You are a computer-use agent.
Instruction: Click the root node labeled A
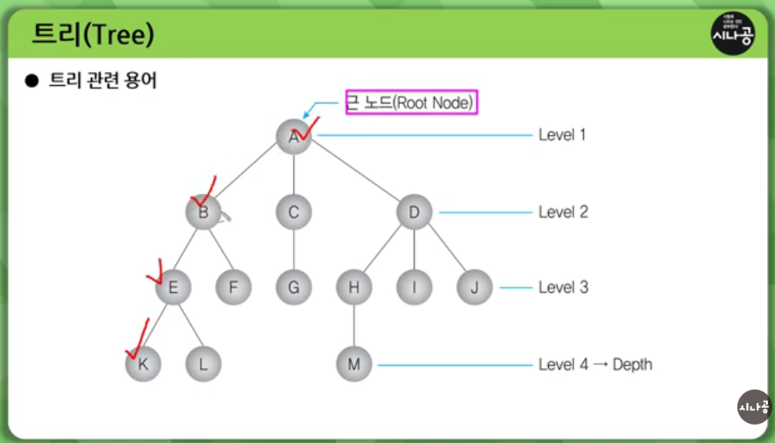point(294,137)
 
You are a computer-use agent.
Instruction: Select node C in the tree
point(294,212)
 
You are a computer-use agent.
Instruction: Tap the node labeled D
point(414,212)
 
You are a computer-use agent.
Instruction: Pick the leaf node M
point(354,364)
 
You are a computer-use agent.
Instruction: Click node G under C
point(294,287)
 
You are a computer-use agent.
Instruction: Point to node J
point(474,287)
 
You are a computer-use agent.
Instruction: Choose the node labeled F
point(233,287)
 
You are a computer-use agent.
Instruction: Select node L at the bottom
point(203,364)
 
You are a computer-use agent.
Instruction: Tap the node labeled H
point(354,287)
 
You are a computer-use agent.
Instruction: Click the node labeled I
point(414,287)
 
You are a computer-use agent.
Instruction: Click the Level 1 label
point(562,134)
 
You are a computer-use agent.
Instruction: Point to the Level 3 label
point(564,287)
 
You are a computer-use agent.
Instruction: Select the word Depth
point(632,364)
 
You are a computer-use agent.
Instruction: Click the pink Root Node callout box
point(412,103)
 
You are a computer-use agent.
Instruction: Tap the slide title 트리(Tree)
point(93,34)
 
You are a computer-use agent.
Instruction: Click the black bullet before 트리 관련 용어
point(32,81)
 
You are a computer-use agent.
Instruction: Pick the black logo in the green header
point(733,33)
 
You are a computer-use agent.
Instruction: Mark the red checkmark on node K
point(139,340)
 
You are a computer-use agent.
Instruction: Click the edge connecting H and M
point(354,325)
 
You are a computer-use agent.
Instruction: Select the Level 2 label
point(564,212)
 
